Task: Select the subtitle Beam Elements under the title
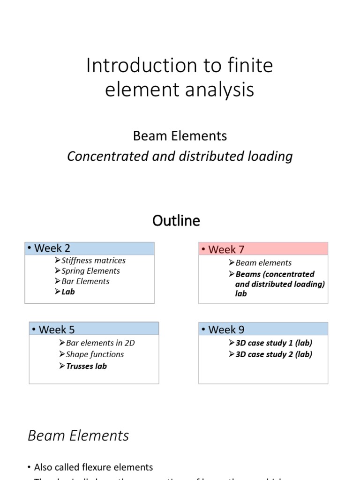(180, 136)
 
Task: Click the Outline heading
(176, 220)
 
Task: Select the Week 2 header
(52, 248)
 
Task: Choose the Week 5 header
(57, 329)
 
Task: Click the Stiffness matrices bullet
(93, 260)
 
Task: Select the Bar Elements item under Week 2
(85, 281)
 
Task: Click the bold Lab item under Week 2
(68, 292)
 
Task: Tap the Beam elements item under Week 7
(263, 263)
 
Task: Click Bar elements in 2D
(100, 343)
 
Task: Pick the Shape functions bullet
(95, 354)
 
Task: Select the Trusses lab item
(86, 366)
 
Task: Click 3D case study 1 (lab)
(274, 343)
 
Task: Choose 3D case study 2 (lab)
(274, 354)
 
